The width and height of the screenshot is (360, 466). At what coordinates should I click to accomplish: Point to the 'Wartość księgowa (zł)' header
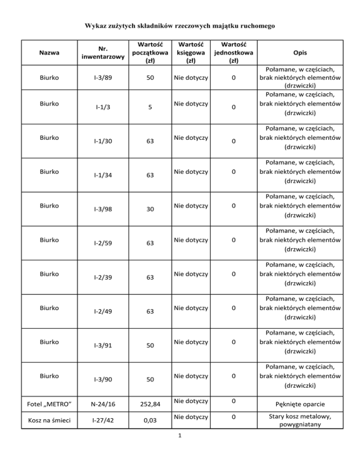190,53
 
